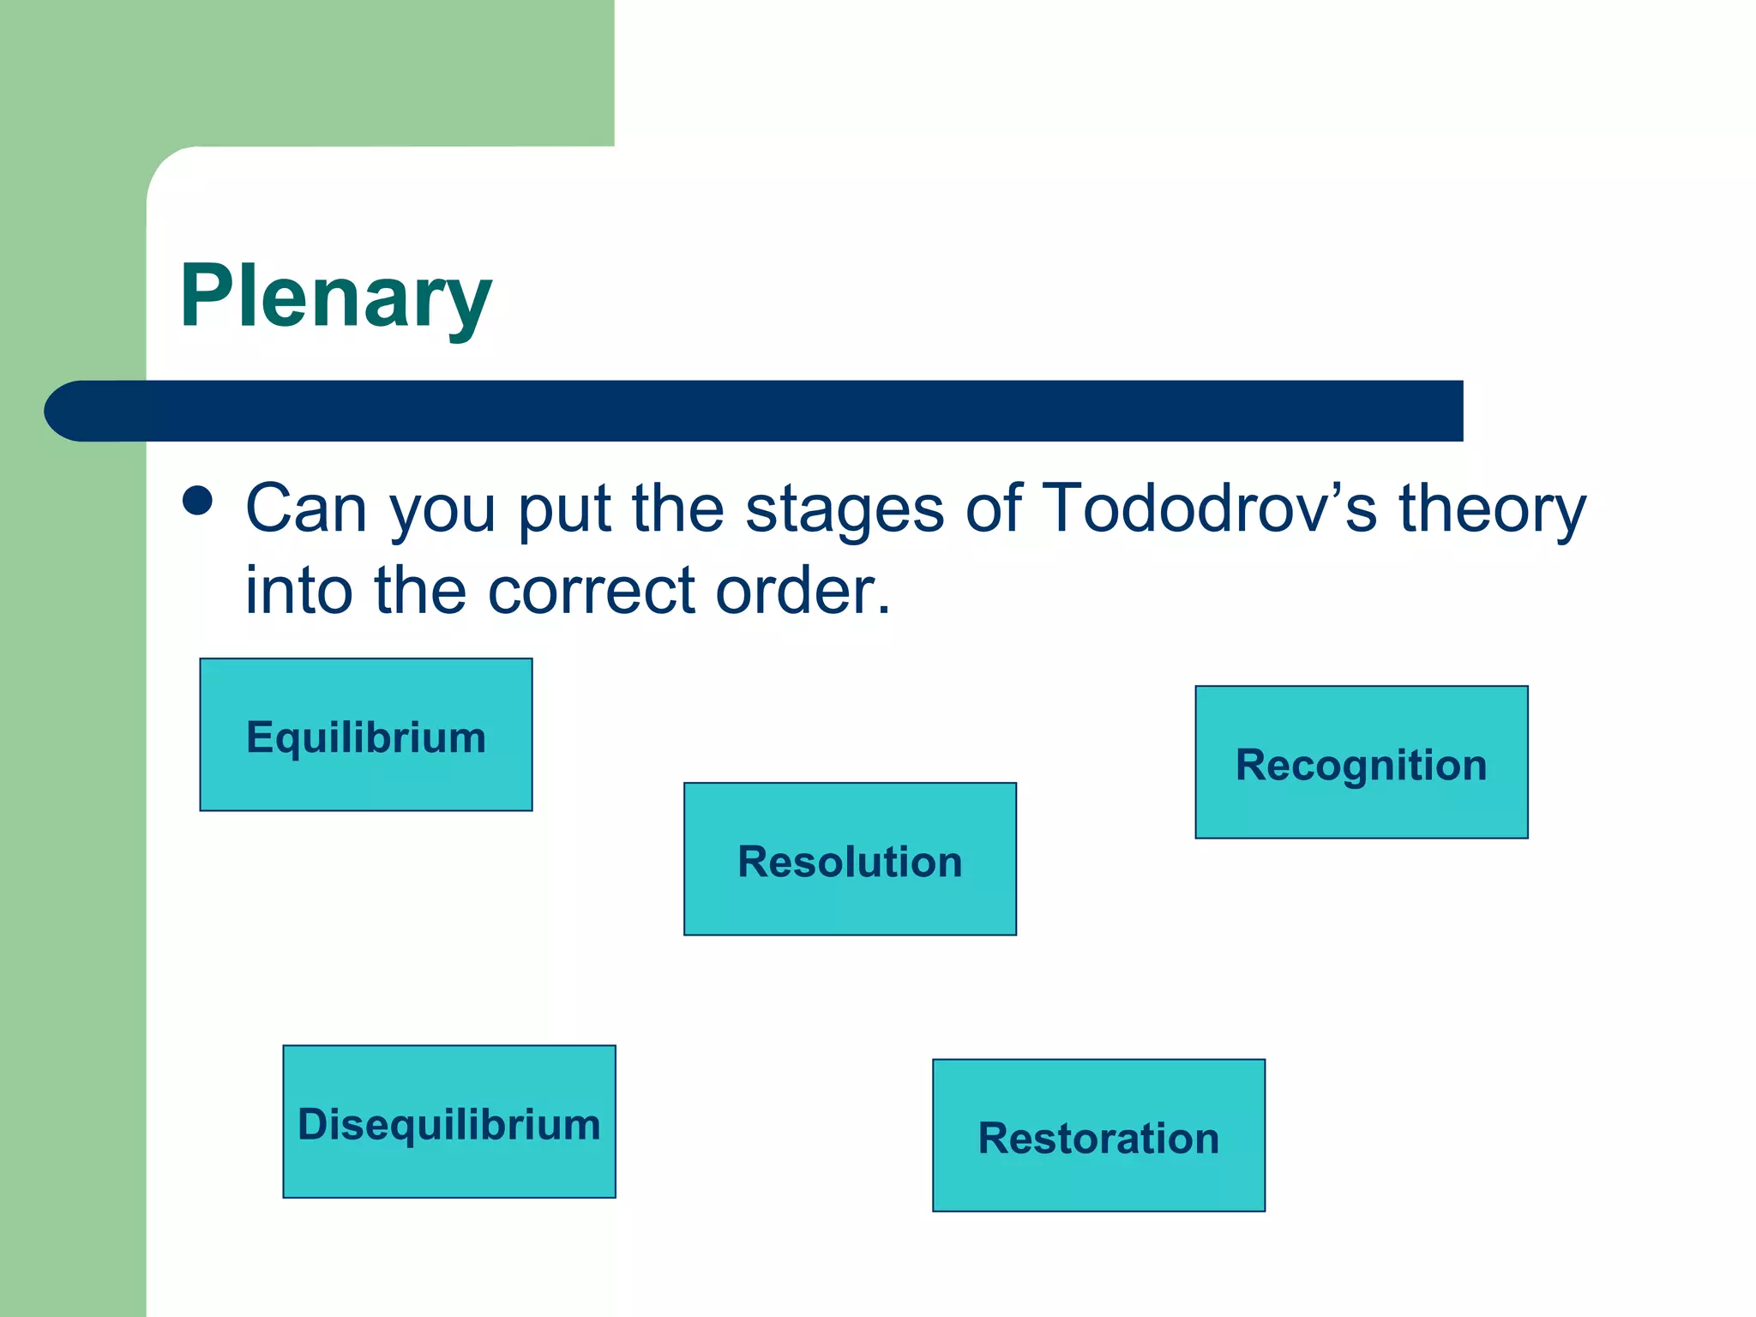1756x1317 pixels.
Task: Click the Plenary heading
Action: click(335, 296)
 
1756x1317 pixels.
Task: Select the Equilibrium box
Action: click(366, 735)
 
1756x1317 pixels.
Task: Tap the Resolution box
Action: click(850, 858)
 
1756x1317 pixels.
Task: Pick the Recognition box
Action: click(1361, 762)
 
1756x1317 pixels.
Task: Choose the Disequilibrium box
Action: click(449, 1122)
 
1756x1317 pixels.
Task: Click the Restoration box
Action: click(1098, 1135)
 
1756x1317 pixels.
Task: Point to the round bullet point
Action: click(198, 501)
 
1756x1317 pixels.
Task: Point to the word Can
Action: click(307, 508)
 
